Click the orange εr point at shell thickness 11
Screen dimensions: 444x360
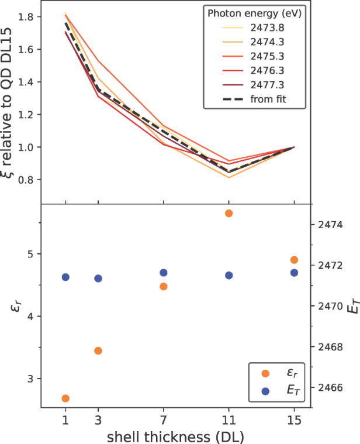click(229, 213)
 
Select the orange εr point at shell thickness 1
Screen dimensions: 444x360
click(65, 398)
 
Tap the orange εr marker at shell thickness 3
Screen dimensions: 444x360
click(98, 350)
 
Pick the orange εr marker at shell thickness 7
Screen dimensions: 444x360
click(164, 286)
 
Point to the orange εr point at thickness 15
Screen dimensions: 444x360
click(294, 260)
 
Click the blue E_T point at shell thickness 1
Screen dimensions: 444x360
click(65, 277)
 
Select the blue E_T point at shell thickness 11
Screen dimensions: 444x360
click(229, 275)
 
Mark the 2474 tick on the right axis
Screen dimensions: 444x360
click(330, 225)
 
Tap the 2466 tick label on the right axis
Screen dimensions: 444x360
click(330, 387)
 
